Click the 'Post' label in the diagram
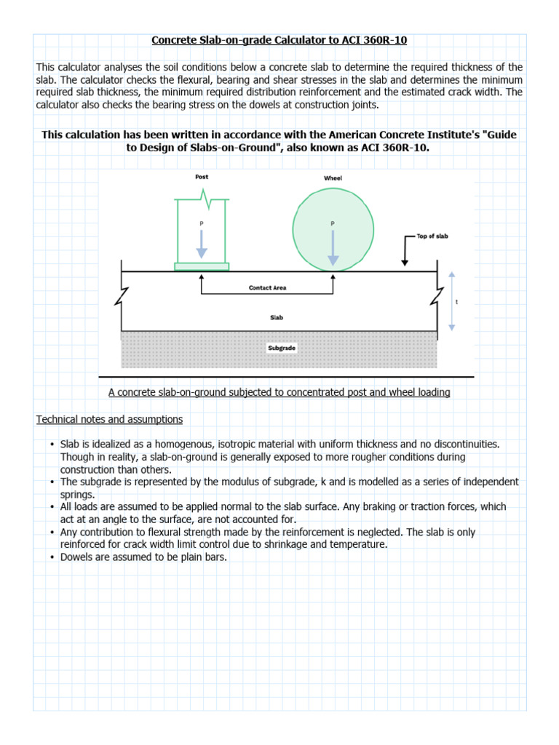pos(202,177)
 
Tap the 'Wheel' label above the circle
pos(333,178)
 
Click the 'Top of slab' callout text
pos(432,236)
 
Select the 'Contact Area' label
pos(267,288)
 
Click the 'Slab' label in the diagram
pos(276,317)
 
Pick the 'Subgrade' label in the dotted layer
pos(282,348)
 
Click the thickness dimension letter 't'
pos(456,300)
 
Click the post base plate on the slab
pos(202,266)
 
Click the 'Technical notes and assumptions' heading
pos(109,420)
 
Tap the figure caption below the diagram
pos(279,392)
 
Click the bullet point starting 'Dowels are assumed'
pos(144,557)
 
